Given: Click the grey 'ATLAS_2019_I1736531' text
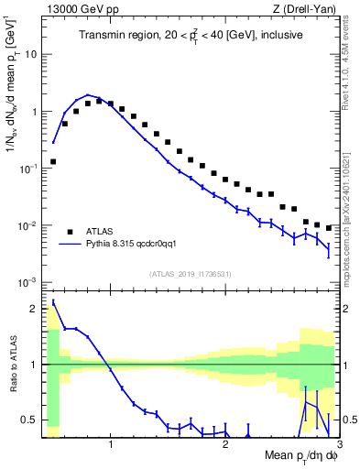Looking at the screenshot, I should point(191,274).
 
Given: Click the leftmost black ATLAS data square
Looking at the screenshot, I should point(53,161).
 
